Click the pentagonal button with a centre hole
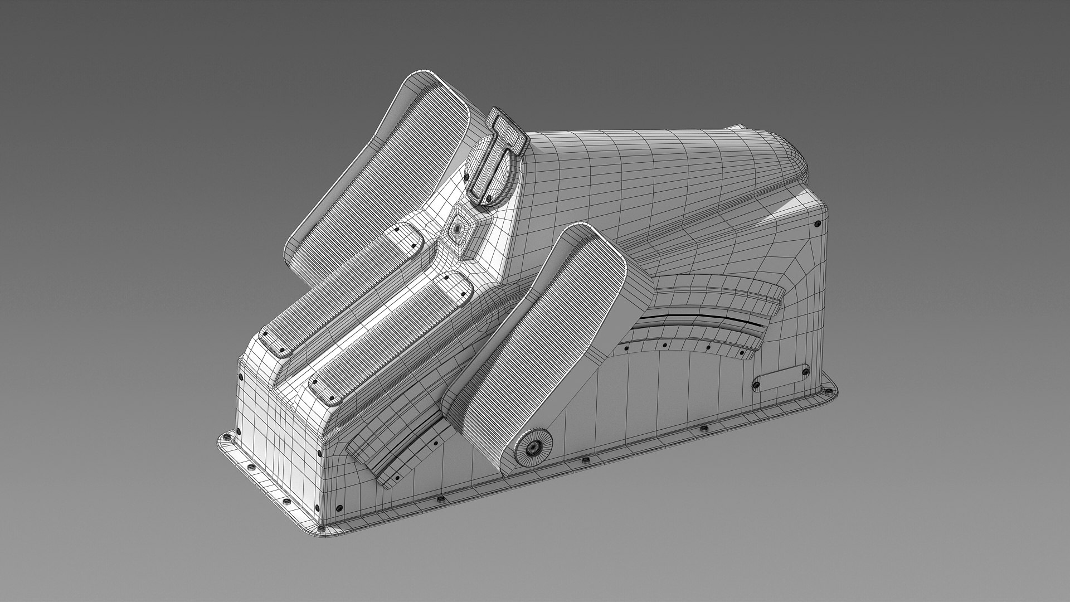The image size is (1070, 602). pyautogui.click(x=458, y=227)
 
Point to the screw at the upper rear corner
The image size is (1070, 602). pyautogui.click(x=817, y=223)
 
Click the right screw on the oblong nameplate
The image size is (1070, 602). pyautogui.click(x=804, y=368)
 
